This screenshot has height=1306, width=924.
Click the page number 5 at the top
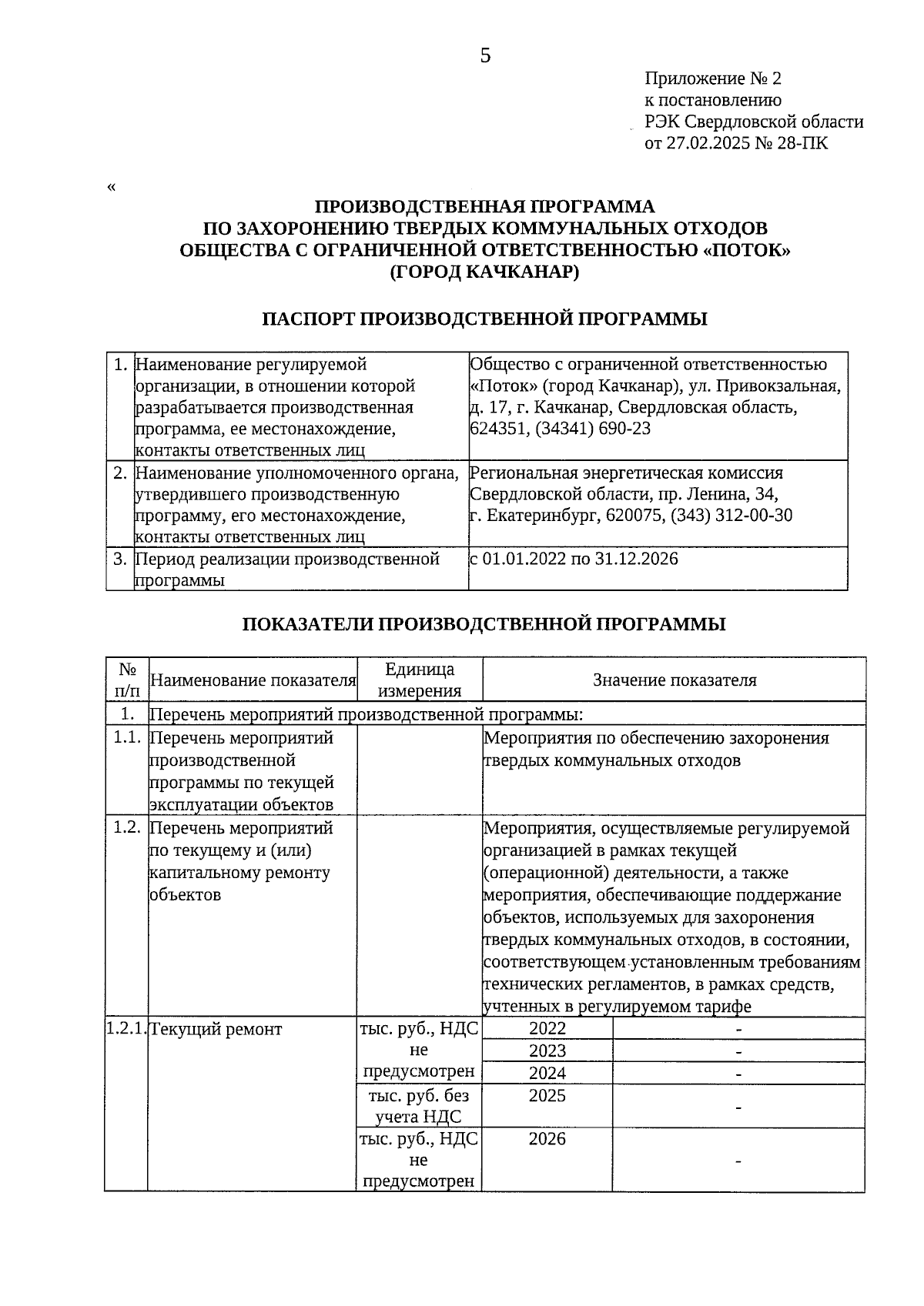(485, 55)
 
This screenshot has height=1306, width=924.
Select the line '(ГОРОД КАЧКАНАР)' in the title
(484, 272)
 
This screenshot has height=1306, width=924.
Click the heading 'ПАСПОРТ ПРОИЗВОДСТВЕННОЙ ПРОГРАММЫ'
(484, 319)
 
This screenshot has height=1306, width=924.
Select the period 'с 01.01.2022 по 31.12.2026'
(574, 559)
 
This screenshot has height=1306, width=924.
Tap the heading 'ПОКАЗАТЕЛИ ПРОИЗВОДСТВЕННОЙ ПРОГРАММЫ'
(484, 624)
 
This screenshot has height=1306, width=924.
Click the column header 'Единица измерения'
(420, 680)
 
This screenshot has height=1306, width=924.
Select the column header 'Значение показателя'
(675, 680)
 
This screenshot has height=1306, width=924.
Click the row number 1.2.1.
(126, 1028)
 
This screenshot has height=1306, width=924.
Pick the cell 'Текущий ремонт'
(216, 1029)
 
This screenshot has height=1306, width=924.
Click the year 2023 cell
(547, 1050)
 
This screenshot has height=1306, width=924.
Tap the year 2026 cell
(547, 1139)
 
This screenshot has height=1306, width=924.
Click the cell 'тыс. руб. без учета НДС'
(419, 1106)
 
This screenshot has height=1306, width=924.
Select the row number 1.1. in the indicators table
(126, 738)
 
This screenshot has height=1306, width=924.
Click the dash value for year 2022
(738, 1029)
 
